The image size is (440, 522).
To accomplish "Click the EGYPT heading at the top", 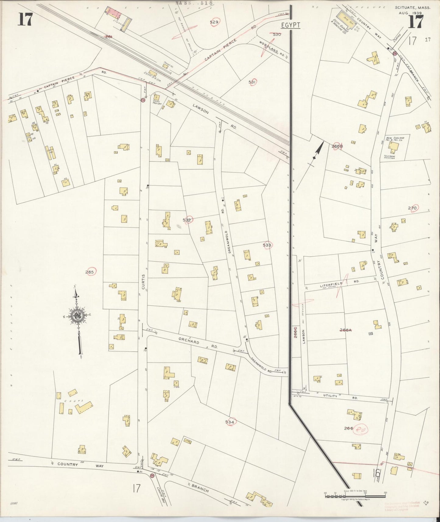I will [291, 25].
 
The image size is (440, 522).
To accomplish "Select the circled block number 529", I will [214, 22].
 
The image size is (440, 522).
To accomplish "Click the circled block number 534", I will [230, 422].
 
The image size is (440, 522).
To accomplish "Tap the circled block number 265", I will [90, 272].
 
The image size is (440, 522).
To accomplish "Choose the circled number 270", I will [413, 208].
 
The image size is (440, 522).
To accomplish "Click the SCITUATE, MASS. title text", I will [413, 8].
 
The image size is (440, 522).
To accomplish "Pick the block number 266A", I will [346, 330].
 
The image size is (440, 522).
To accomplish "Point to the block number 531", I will [252, 82].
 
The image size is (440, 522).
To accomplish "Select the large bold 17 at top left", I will [25, 20].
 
